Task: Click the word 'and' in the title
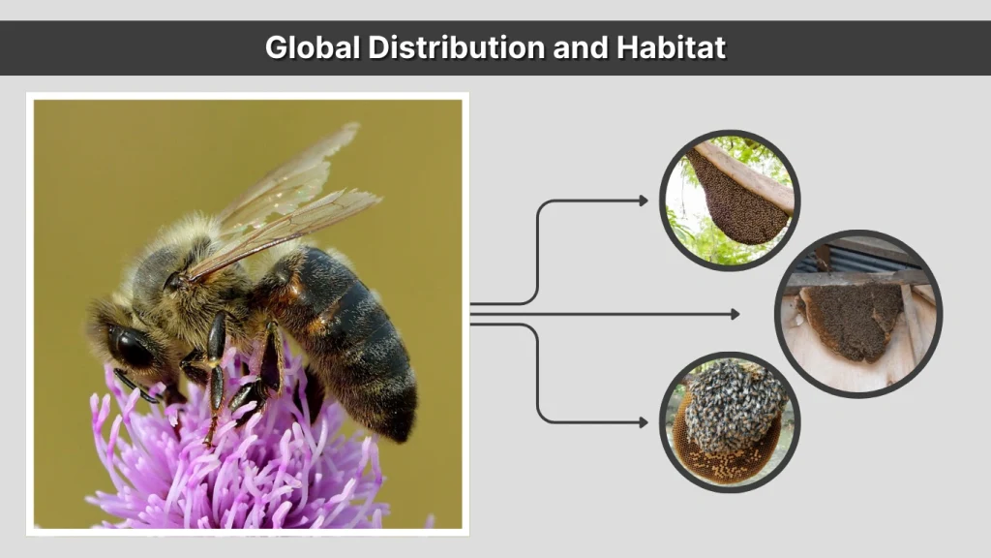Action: pyautogui.click(x=579, y=47)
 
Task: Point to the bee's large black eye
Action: pyautogui.click(x=130, y=345)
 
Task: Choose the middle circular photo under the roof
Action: pyautogui.click(x=857, y=313)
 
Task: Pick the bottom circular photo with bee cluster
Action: pyautogui.click(x=730, y=421)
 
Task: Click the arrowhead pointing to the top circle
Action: pyautogui.click(x=644, y=201)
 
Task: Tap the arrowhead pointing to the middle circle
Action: pyautogui.click(x=735, y=314)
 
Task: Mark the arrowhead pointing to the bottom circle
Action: pyautogui.click(x=644, y=422)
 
